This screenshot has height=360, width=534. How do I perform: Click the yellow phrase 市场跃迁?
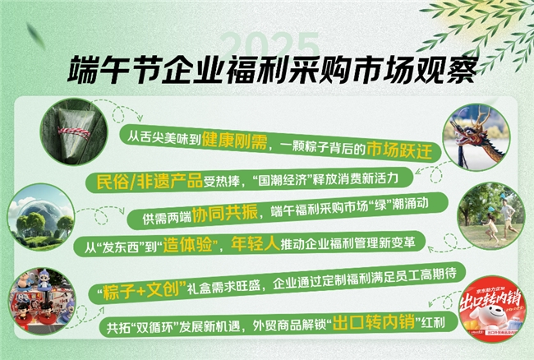[x=405, y=153]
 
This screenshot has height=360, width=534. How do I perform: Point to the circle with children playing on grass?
[x=490, y=215]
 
